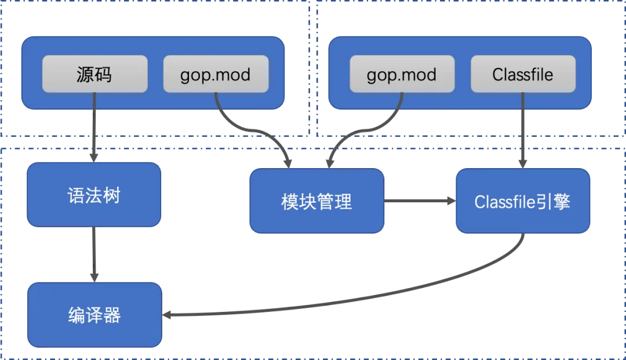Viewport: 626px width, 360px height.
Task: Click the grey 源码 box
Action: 94,74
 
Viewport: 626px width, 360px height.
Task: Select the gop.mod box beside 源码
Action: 216,74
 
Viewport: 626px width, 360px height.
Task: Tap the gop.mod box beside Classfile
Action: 402,74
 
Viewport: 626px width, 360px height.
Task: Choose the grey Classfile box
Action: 523,74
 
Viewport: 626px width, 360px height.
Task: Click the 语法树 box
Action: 94,195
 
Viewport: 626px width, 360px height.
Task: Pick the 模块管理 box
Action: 316,201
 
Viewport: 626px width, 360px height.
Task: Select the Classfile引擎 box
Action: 522,201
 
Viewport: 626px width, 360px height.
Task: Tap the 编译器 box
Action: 94,315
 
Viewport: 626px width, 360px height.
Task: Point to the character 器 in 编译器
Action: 112,315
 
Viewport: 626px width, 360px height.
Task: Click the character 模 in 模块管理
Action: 290,201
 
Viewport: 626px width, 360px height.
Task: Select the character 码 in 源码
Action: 103,75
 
